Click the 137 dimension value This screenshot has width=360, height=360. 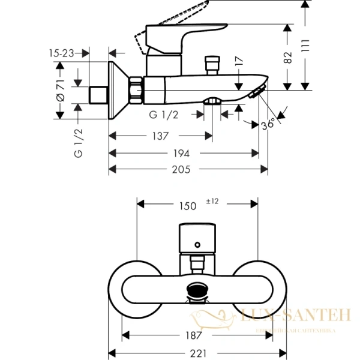click(160, 136)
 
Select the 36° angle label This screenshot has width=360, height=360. click(269, 124)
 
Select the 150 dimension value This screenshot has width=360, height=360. click(188, 206)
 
